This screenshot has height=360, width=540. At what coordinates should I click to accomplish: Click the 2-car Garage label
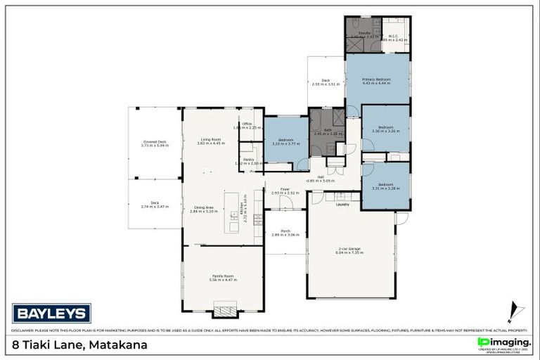coord(349,250)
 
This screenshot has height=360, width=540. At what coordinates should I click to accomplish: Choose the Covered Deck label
coord(155,143)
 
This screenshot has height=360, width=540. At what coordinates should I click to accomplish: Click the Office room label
coord(247,126)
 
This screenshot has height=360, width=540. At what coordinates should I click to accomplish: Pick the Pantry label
coord(248,161)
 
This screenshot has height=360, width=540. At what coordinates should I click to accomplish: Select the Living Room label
coord(211,141)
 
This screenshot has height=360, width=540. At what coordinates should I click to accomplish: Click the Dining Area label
coord(204,208)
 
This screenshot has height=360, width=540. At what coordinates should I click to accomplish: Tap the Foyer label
coord(285,190)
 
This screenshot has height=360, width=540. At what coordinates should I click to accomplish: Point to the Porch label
coord(285,232)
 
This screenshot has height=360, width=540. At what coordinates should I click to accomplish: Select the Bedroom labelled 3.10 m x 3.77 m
coord(285,141)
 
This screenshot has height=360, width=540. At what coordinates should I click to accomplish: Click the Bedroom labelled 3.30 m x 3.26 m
coord(385,129)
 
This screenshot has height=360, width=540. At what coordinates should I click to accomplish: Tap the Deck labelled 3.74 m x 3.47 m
coord(155,205)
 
